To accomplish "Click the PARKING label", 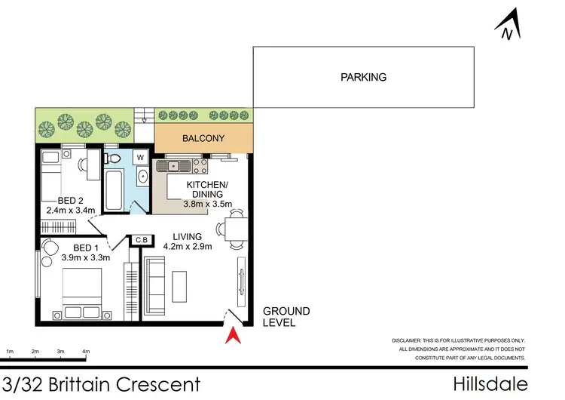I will [363, 77].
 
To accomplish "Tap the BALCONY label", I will [203, 139].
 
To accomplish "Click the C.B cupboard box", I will [140, 241].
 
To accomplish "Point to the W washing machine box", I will [139, 158].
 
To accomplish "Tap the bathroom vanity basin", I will [142, 179].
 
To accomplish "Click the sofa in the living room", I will [156, 285].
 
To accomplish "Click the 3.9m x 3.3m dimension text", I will [85, 258].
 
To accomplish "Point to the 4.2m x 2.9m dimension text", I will [188, 246].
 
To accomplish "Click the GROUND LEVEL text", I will [286, 317].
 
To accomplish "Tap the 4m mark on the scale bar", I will [86, 352].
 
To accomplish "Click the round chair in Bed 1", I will [50, 248].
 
